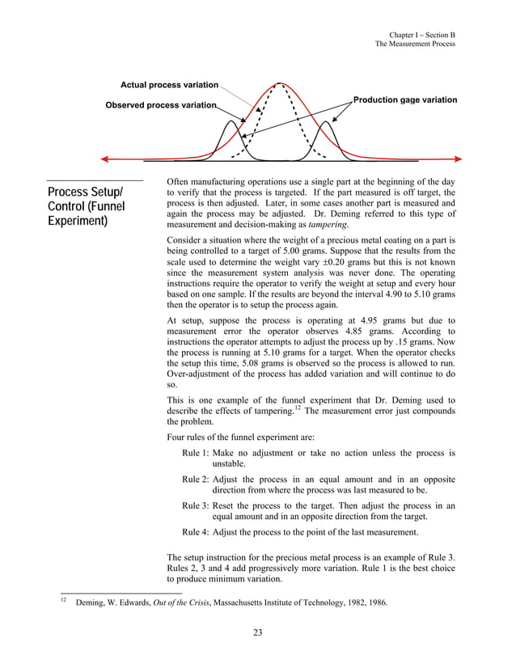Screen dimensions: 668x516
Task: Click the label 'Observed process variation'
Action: click(161, 105)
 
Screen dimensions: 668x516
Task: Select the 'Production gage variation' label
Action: click(405, 100)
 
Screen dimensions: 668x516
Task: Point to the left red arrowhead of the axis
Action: click(104, 159)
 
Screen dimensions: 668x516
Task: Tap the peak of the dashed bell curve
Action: click(280, 84)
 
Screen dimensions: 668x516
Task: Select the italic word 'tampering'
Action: click(308, 226)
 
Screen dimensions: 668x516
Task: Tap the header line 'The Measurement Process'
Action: click(415, 44)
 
